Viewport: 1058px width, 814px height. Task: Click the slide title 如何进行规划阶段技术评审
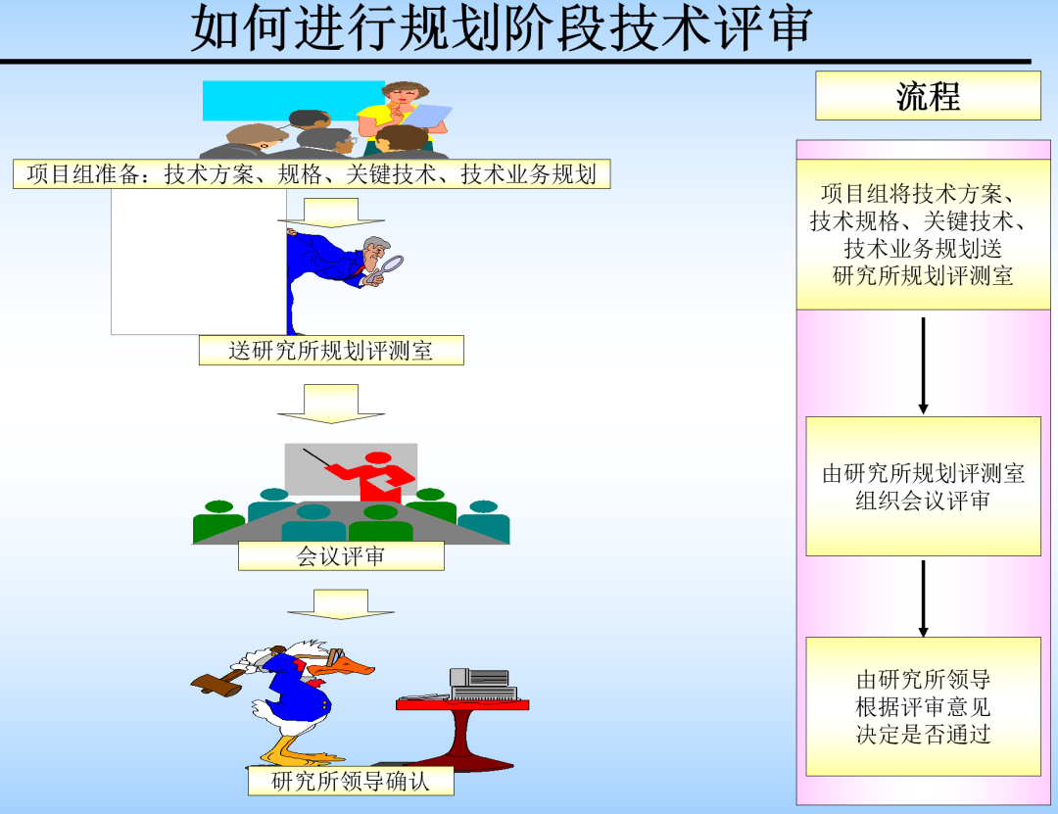point(501,29)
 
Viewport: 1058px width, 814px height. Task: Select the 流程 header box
point(928,96)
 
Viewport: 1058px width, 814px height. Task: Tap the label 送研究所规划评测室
point(331,351)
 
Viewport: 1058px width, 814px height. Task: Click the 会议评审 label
point(341,556)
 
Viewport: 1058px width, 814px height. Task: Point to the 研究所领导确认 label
point(351,781)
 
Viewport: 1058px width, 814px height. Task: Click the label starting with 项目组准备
point(312,174)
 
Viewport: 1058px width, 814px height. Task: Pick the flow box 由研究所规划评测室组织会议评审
point(923,486)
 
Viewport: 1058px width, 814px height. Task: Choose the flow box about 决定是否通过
point(923,706)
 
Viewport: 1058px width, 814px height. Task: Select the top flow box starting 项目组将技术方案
point(923,235)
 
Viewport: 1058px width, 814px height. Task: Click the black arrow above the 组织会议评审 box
point(923,364)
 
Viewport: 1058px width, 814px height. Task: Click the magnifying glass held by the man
point(391,264)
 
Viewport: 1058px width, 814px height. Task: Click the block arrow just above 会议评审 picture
point(331,403)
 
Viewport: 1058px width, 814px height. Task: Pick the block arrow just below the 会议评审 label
point(341,603)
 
